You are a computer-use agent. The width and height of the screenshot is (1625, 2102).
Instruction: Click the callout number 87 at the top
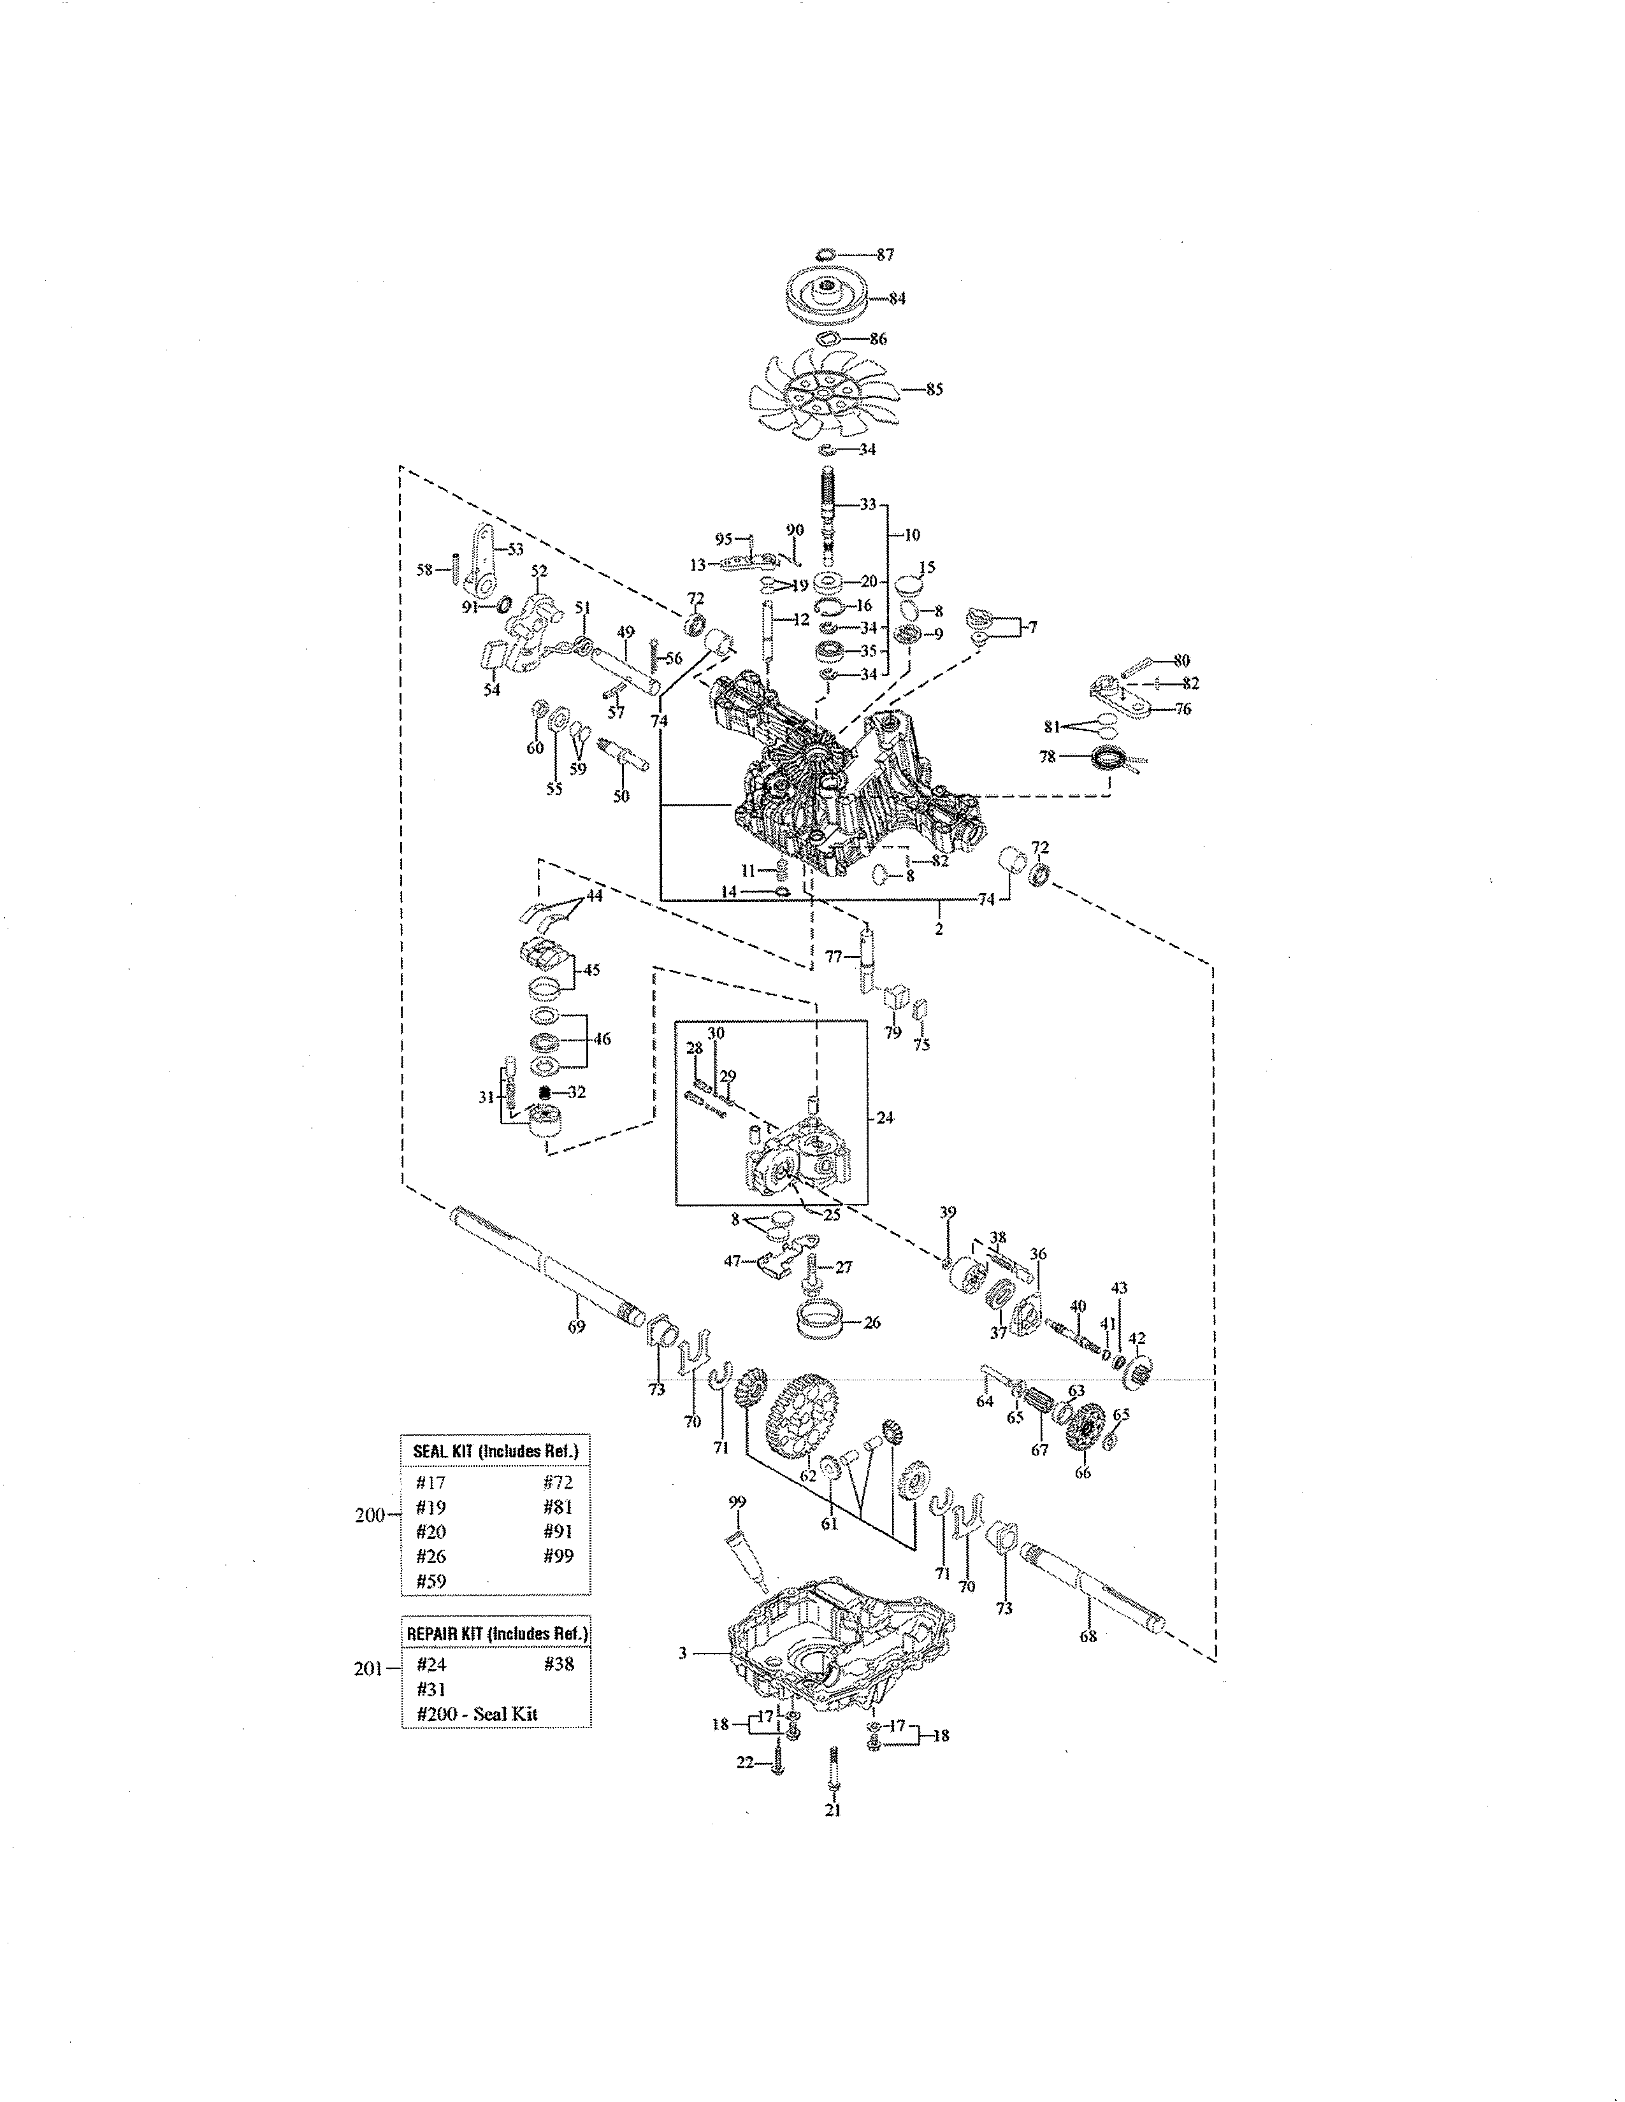point(885,254)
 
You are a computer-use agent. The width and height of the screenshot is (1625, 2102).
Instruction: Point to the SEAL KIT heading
point(495,1450)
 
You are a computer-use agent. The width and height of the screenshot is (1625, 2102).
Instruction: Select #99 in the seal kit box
point(558,1556)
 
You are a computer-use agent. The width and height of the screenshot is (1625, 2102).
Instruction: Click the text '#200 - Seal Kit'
point(477,1713)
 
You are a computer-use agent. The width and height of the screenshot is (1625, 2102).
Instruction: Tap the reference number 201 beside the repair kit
point(369,1668)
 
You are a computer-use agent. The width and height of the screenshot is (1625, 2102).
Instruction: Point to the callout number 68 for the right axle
point(1088,1635)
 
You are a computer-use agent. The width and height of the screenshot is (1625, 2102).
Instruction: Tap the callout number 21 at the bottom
point(833,1810)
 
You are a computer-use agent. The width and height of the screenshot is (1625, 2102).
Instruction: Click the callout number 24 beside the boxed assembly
point(885,1117)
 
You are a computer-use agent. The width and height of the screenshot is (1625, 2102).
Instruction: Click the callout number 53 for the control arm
point(516,548)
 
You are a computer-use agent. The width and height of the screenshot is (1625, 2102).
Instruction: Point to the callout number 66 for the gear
point(1082,1473)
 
